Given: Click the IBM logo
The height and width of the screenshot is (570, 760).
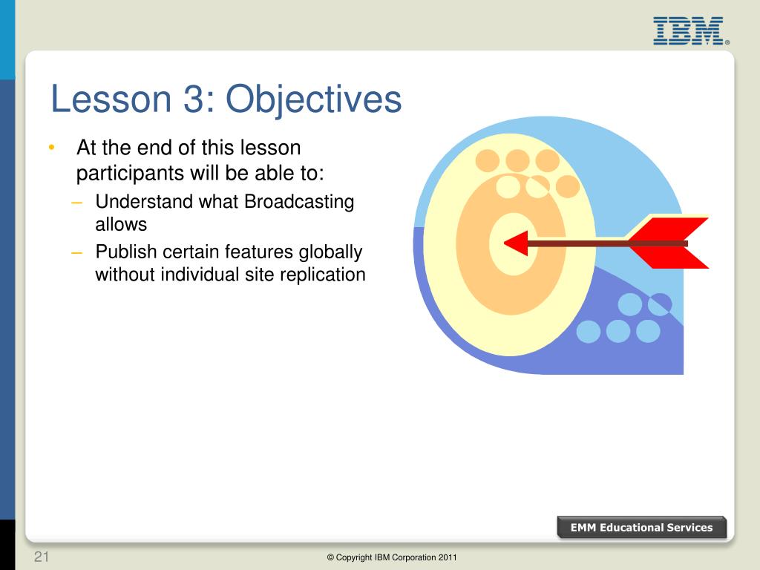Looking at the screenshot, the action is coord(689,31).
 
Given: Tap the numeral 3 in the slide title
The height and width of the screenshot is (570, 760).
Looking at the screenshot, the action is coord(194,99).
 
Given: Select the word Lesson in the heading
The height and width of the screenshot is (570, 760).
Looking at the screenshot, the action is coord(111,99).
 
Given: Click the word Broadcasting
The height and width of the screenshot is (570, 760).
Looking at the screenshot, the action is coord(299,202).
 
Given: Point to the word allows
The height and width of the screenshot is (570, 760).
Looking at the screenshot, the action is coord(121,224).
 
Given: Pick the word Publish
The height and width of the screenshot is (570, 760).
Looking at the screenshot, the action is coord(126,252).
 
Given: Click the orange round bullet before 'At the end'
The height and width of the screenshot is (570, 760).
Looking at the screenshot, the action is coord(52,147).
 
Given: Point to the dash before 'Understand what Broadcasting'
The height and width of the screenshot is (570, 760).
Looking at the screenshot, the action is coord(76,202).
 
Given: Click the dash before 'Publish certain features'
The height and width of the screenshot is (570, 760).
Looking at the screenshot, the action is coord(76,252).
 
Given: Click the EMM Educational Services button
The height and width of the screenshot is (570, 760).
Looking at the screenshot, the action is coord(642,528).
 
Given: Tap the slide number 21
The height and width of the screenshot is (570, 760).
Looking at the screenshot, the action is coord(42,557).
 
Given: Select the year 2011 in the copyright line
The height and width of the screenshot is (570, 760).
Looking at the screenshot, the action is coord(448,557).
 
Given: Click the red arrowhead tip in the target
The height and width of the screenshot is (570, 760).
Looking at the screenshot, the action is coord(505,243).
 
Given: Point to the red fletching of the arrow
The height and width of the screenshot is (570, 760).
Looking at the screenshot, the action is coord(669,243).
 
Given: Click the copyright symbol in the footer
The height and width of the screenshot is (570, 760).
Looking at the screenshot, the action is coord(330,557).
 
